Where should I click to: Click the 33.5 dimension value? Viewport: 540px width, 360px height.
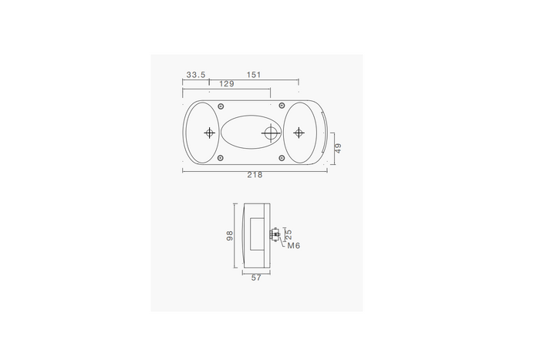(x=196, y=75)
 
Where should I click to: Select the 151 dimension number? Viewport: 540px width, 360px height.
(x=254, y=75)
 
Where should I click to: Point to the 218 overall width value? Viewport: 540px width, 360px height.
(x=255, y=175)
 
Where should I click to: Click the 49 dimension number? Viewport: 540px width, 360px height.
(x=338, y=148)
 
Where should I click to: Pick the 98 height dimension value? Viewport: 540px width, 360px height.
(x=230, y=236)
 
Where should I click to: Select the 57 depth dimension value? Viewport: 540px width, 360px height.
(x=256, y=278)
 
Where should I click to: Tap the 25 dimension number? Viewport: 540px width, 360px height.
(x=289, y=234)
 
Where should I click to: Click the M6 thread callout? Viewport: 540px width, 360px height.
(x=293, y=246)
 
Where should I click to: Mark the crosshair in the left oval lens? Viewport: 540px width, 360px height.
(x=209, y=133)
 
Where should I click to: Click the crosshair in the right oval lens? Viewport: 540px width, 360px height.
(x=299, y=133)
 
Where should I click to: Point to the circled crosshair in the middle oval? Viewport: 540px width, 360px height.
(x=270, y=133)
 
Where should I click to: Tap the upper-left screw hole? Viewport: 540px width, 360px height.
(x=221, y=106)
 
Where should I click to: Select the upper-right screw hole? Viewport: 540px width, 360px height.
(x=283, y=106)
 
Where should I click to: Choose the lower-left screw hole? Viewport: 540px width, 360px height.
(x=221, y=159)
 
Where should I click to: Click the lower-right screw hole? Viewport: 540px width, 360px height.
(x=283, y=159)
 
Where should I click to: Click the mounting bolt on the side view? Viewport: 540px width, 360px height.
(x=275, y=235)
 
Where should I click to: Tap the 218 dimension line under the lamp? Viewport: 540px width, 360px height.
(x=231, y=170)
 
